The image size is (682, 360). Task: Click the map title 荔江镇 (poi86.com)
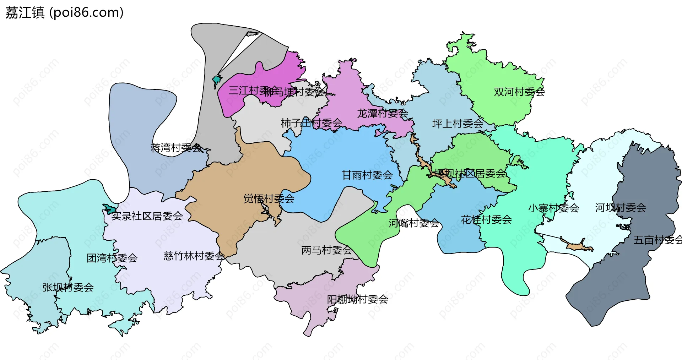coord(64,13)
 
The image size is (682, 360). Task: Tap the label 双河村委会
coord(519,92)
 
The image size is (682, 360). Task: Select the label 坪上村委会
coord(458,124)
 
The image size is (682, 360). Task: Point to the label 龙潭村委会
coord(382,114)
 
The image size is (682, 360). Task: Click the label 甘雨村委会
coord(367,175)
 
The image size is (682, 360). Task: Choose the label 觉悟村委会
coord(269,198)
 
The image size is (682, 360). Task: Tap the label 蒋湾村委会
coord(176,147)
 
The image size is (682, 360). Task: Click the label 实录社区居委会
coord(147,216)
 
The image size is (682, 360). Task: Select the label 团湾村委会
coord(112,258)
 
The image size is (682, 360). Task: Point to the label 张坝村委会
coord(68,287)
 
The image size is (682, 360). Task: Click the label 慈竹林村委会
coord(194,256)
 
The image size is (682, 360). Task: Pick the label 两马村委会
coord(326,250)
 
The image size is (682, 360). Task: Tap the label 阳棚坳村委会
coord(357,299)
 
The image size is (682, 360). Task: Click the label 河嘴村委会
coord(413,223)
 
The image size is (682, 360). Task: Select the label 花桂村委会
coord(486,220)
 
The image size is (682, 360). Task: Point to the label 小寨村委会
coord(553,208)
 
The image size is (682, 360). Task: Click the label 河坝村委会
coord(620,208)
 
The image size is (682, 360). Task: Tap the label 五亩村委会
coord(657,240)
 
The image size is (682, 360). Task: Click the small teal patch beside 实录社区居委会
coord(109,209)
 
